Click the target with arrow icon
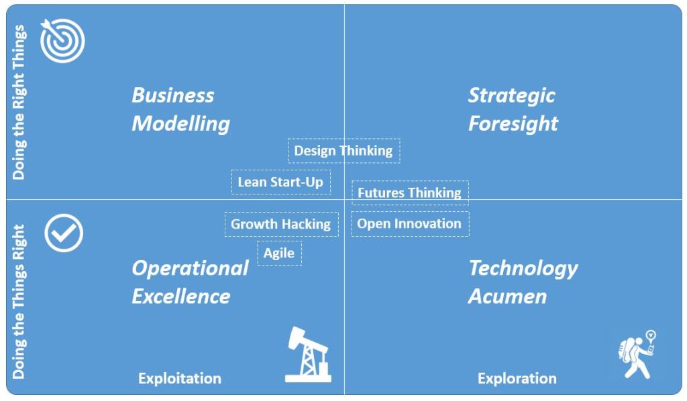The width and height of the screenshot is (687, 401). click(62, 40)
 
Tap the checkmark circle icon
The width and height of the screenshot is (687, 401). click(64, 233)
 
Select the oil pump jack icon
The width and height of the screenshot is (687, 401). click(308, 355)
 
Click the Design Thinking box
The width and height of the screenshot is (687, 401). click(344, 151)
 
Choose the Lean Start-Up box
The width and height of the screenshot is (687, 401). click(281, 182)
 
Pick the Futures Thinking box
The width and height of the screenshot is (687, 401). click(410, 192)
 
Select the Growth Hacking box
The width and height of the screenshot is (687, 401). click(281, 224)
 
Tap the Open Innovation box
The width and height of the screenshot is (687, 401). click(410, 224)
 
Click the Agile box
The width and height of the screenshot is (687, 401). click(280, 253)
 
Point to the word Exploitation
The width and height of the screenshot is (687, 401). click(180, 378)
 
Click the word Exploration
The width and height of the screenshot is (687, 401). click(517, 378)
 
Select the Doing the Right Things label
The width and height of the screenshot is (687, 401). click(19, 102)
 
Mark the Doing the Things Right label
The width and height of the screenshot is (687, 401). click(19, 302)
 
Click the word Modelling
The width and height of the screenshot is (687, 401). click(180, 124)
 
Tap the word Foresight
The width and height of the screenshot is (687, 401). click(513, 124)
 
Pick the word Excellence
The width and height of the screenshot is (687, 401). click(181, 296)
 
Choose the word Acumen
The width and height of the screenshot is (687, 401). click(507, 296)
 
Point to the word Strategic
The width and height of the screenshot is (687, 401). click(512, 96)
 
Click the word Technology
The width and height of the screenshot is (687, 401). click(523, 268)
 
